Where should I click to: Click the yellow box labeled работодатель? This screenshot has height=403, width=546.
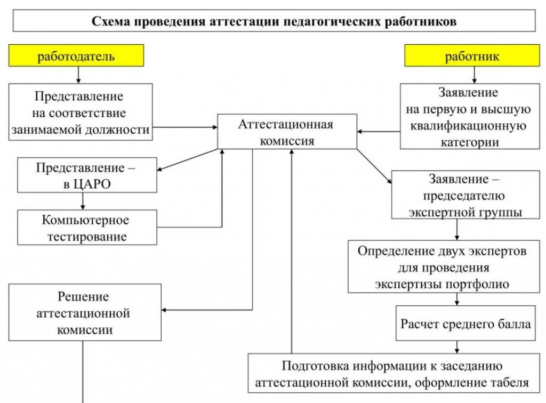tap(76, 56)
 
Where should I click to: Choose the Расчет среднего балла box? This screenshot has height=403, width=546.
tap(466, 324)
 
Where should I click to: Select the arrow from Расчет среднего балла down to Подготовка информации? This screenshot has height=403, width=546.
tap(457, 348)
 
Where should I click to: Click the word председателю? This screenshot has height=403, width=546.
tap(465, 197)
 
